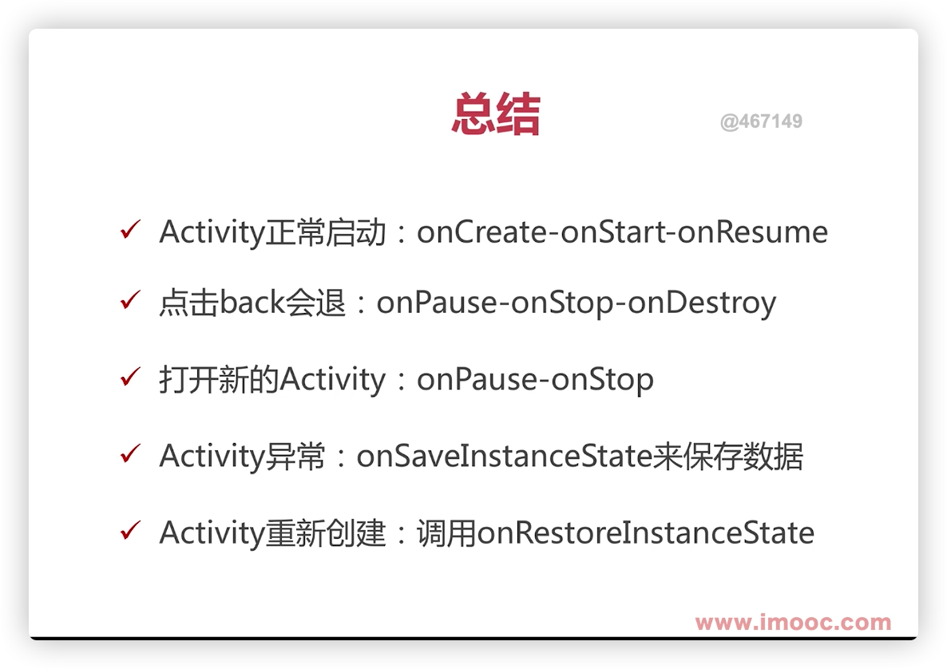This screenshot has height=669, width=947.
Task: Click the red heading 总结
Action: [496, 113]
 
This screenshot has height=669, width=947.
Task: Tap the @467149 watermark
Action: [761, 121]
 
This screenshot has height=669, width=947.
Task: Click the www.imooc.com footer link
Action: [793, 622]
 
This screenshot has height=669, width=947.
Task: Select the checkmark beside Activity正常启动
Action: [130, 229]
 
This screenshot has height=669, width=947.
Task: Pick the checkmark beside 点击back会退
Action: [130, 299]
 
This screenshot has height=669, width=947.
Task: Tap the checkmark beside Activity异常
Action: [130, 453]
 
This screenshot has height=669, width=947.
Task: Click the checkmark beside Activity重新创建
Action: [130, 529]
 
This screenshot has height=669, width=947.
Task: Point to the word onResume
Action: [752, 232]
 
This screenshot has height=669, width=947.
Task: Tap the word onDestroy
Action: [702, 303]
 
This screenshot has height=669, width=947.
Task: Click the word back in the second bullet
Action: [252, 302]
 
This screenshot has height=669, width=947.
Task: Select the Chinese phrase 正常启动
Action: [326, 232]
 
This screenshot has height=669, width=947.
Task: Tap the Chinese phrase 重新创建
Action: [326, 533]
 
